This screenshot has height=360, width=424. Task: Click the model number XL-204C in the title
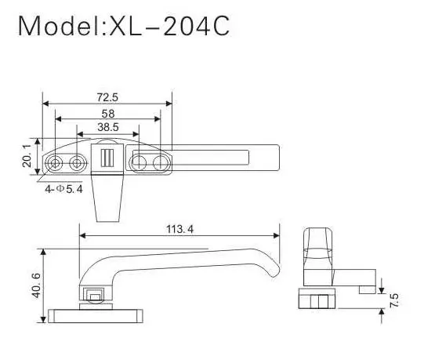click(170, 27)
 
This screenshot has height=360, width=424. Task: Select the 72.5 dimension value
click(107, 97)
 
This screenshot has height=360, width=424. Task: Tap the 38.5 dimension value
click(107, 127)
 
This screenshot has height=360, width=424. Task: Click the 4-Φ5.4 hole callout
click(64, 188)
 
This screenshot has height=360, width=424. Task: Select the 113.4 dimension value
click(180, 229)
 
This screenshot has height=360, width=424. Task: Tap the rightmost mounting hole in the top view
click(161, 163)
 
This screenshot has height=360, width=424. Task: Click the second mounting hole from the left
click(77, 162)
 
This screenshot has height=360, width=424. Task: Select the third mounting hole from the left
click(139, 163)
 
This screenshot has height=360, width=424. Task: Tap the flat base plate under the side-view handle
click(93, 315)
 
